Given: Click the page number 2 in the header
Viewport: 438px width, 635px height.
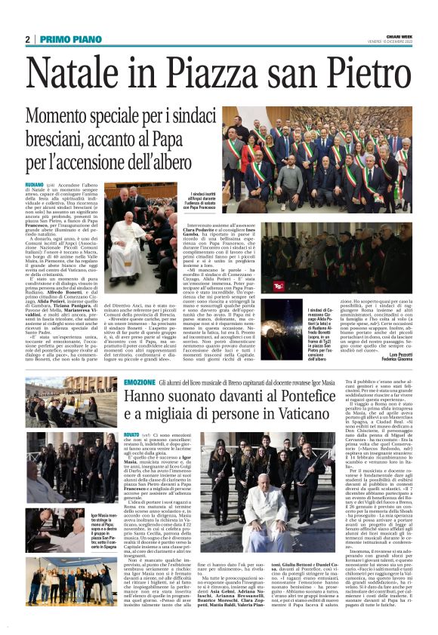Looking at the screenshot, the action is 28,38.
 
